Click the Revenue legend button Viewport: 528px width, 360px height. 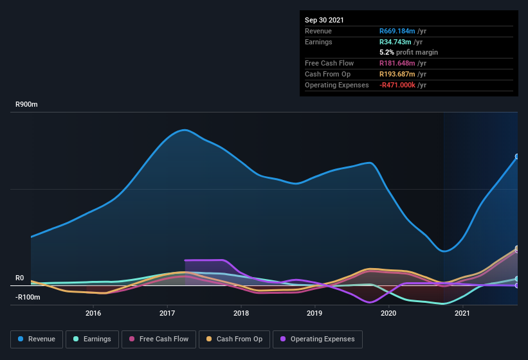tap(37, 339)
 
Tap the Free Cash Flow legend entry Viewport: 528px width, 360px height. tap(159, 339)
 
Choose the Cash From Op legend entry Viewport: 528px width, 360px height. tap(234, 339)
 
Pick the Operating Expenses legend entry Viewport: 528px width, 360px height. tap(317, 339)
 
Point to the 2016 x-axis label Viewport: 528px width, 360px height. tap(93, 314)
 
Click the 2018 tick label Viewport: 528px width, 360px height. tap(241, 314)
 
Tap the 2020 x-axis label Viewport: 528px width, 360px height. tap(388, 314)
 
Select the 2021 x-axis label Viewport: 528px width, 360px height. tap(462, 314)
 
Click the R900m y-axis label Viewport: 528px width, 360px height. tap(28, 104)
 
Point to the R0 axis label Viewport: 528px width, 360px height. tap(20, 278)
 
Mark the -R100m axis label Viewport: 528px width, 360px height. tap(28, 298)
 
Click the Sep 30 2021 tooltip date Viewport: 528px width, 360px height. tap(324, 20)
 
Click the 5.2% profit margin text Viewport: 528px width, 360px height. tap(408, 52)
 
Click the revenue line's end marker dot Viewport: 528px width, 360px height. tap(517, 156)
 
